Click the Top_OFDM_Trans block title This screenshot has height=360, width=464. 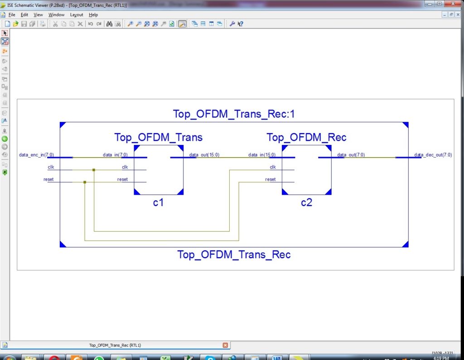(158, 137)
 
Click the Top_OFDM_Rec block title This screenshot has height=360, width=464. (306, 137)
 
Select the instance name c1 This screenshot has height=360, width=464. (158, 203)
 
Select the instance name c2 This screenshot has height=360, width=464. (307, 203)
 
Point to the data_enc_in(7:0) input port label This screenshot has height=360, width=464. (36, 155)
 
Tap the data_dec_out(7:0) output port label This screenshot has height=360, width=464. (433, 155)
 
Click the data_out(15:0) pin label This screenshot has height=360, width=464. (204, 155)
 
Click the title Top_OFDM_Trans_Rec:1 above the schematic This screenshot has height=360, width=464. (234, 114)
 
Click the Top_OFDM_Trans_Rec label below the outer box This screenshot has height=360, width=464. (234, 254)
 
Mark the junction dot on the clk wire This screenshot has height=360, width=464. (94, 170)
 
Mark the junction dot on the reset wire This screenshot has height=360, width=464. (85, 182)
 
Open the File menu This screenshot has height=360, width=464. (12, 15)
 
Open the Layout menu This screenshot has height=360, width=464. (76, 15)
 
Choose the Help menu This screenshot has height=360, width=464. (93, 15)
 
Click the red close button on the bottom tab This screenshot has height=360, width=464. (225, 345)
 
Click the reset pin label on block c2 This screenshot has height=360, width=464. (271, 179)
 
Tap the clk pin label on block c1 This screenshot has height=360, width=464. (125, 167)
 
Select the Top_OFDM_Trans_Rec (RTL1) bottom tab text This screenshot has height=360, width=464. (115, 345)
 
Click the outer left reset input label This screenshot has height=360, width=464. (48, 179)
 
